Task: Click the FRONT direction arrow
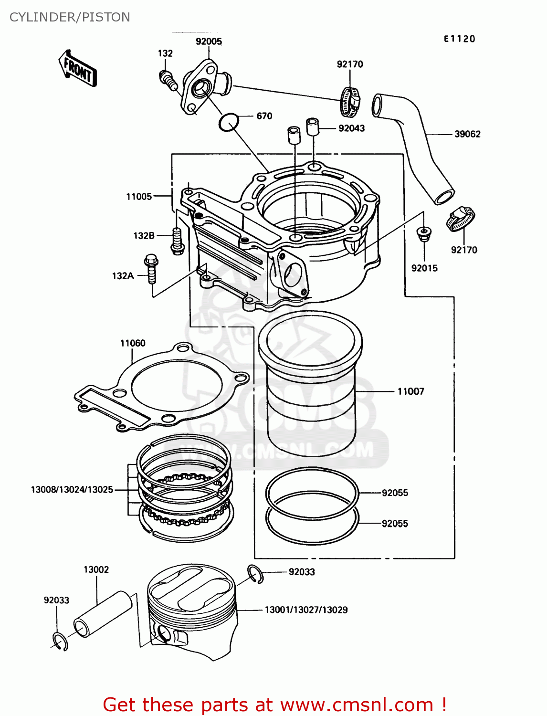tap(78, 69)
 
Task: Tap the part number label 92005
tap(209, 42)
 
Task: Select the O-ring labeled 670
tap(229, 122)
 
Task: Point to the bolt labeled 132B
tap(177, 241)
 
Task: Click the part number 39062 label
tap(467, 134)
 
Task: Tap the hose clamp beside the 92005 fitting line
tap(350, 101)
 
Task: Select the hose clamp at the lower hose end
tap(461, 219)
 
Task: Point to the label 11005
tap(139, 197)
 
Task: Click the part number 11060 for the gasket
tap(133, 343)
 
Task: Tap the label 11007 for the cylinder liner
tap(410, 391)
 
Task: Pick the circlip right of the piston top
tap(255, 574)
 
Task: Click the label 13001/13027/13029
tap(306, 610)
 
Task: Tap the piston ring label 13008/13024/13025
tap(72, 490)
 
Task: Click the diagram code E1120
tap(459, 39)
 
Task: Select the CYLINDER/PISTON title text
tap(70, 17)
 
